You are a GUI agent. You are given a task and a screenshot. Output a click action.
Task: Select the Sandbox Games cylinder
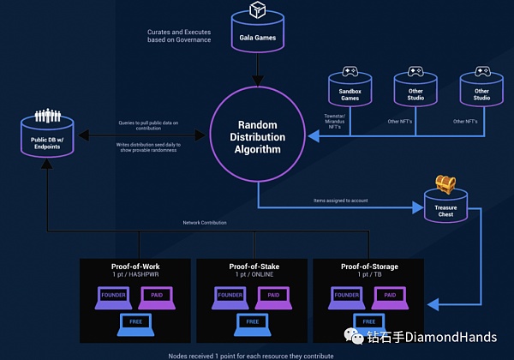coord(350,93)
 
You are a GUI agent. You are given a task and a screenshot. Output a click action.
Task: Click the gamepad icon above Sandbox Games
coord(350,73)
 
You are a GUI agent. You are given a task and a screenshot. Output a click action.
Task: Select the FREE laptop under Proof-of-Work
coord(134,323)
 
